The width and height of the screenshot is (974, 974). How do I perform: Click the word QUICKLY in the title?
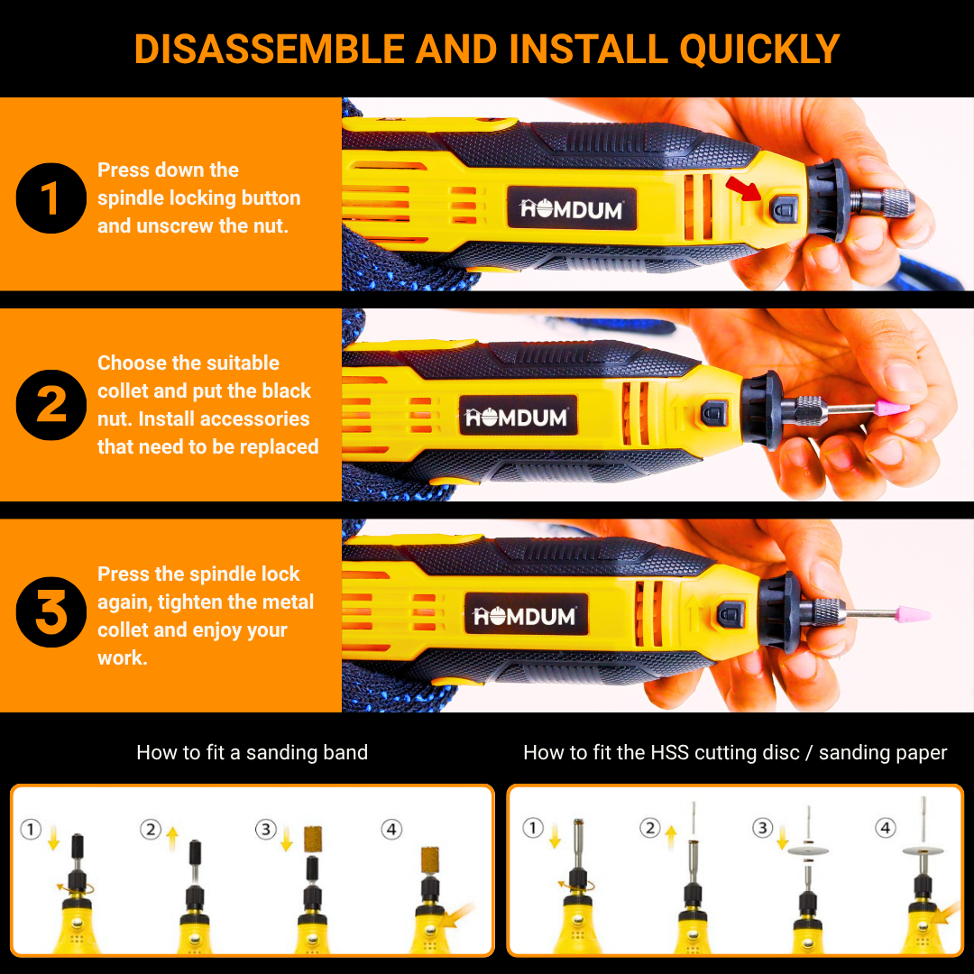pyautogui.click(x=759, y=49)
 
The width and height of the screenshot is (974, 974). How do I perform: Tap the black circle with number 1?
pyautogui.click(x=51, y=198)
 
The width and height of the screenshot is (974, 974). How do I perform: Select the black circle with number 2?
pyautogui.click(x=51, y=405)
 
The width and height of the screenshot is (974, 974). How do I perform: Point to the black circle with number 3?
pyautogui.click(x=51, y=612)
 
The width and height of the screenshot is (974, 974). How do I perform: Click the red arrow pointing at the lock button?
pyautogui.click(x=743, y=188)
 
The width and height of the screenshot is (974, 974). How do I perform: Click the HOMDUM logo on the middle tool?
pyautogui.click(x=518, y=416)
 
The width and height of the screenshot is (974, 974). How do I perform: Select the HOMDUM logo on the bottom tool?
pyautogui.click(x=526, y=615)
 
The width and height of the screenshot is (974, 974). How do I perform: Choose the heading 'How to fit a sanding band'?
pyautogui.click(x=253, y=753)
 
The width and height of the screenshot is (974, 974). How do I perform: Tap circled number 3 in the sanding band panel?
pyautogui.click(x=266, y=830)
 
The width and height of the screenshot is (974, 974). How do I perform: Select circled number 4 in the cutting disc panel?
pyautogui.click(x=886, y=828)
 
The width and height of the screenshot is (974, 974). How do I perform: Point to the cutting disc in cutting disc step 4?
pyautogui.click(x=923, y=850)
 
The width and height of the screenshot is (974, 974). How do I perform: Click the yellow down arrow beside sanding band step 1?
pyautogui.click(x=53, y=838)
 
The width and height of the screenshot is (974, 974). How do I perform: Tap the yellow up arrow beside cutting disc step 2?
pyautogui.click(x=670, y=838)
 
